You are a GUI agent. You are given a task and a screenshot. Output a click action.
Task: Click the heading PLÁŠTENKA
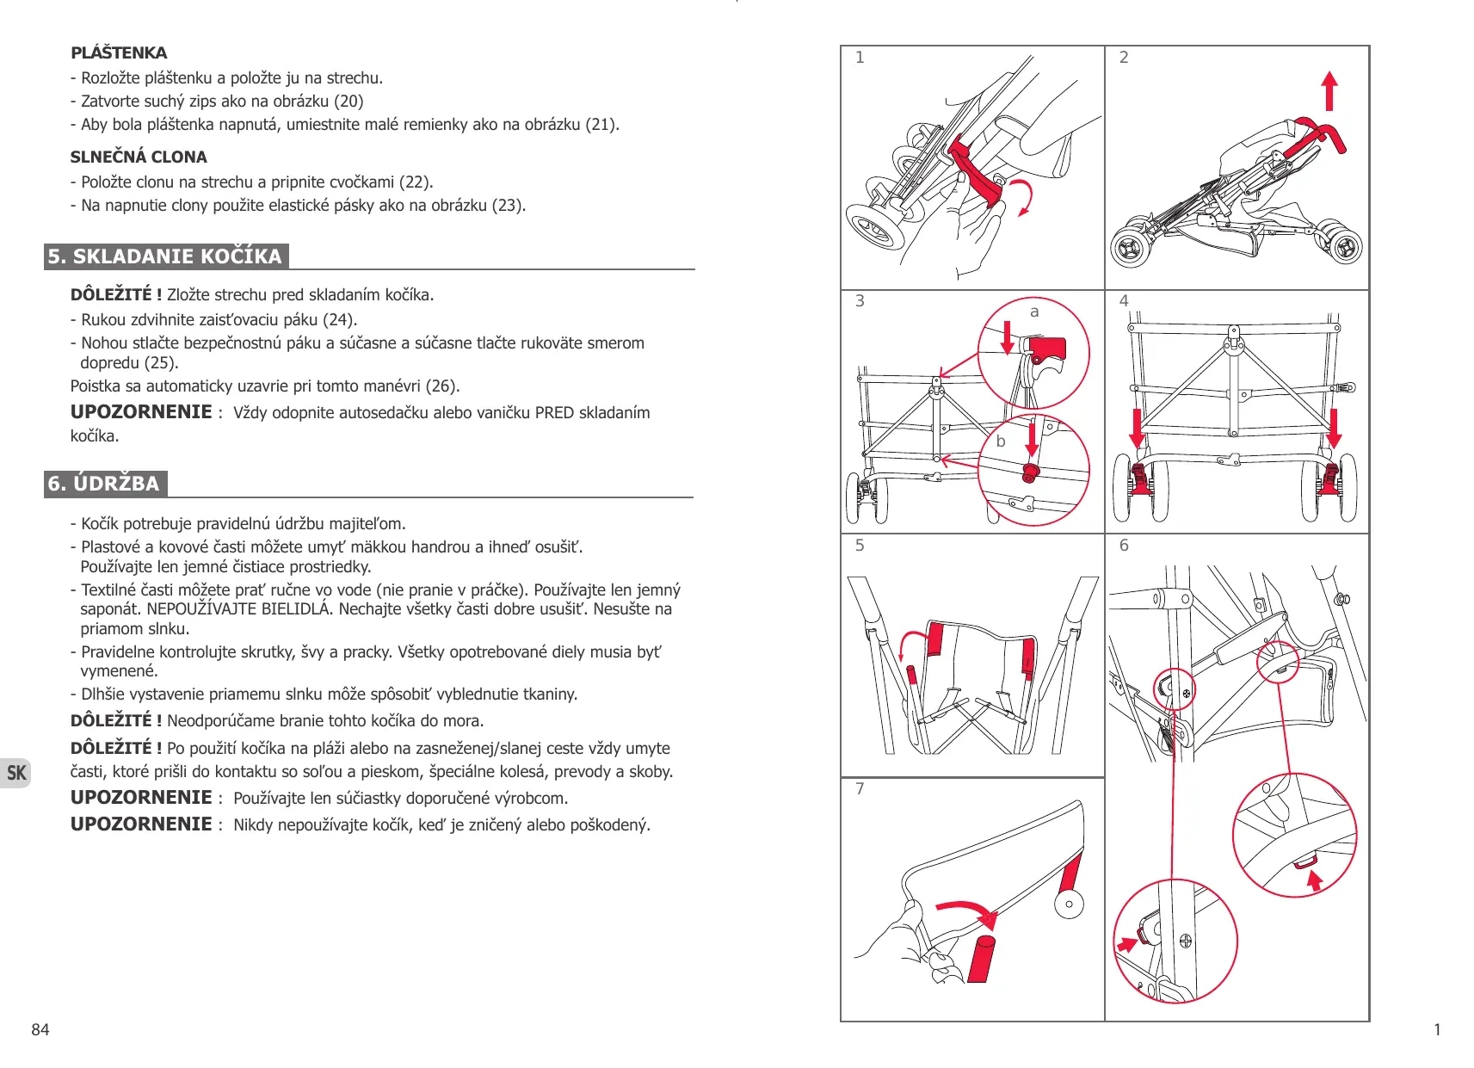[119, 53]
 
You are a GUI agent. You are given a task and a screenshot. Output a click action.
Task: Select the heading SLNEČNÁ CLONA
[139, 157]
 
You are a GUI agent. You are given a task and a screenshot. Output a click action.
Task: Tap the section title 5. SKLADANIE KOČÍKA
[165, 256]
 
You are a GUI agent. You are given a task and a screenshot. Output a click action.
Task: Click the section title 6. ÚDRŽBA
[104, 484]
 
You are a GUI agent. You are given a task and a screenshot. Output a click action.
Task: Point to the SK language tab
[16, 773]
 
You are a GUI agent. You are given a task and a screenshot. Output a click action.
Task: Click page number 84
[40, 1029]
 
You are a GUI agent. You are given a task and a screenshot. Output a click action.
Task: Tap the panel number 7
[860, 789]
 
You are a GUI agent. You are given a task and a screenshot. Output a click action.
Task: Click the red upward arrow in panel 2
[1329, 90]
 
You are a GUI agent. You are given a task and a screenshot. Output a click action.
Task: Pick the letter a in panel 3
[1034, 312]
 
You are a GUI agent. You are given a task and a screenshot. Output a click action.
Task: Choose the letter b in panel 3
[1001, 441]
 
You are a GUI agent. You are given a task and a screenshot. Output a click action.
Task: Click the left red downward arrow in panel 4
[1138, 428]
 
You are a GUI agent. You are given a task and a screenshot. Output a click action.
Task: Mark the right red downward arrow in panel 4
[1334, 428]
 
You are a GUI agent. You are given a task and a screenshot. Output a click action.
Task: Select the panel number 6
[1124, 546]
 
